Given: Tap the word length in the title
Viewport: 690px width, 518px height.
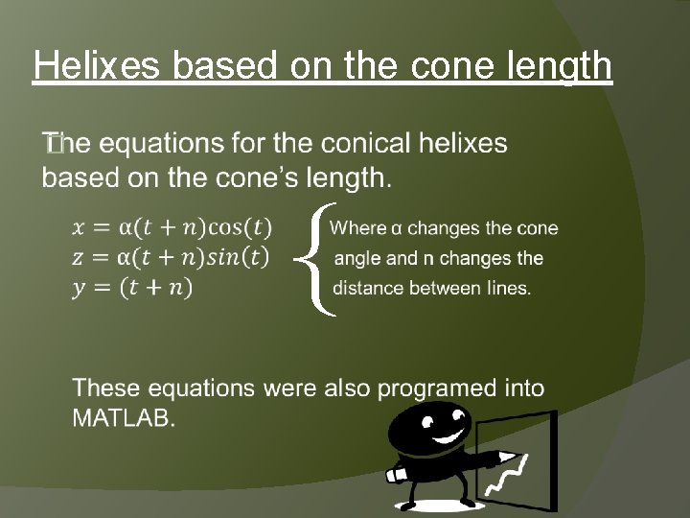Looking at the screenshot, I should pos(563,66).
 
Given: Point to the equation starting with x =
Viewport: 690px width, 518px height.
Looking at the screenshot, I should pos(172,227).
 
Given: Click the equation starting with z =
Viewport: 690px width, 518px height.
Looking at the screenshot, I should pos(171,257).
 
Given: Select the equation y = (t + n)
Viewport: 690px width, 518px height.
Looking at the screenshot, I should pos(132,287).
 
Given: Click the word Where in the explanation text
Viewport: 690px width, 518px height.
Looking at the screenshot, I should pos(357,228).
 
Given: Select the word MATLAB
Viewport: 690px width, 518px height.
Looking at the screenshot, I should pos(124,418).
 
